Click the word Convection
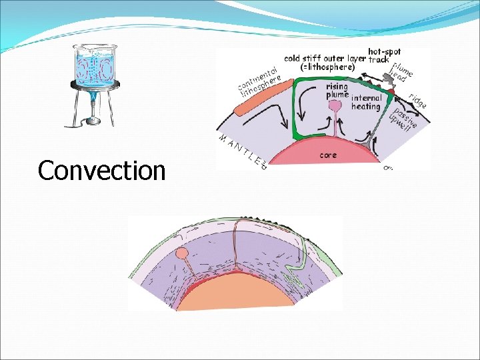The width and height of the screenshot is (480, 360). pos(101,171)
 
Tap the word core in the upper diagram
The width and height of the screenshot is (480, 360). pos(328,155)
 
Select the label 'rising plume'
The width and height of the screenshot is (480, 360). pos(337,91)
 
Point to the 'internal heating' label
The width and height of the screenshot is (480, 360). pos(365,102)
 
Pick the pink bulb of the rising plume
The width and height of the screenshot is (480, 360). pos(335,105)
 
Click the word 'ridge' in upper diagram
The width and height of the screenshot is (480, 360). pos(418,100)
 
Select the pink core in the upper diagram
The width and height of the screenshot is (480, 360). pos(313,151)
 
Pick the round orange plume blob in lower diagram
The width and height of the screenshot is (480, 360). pos(182,254)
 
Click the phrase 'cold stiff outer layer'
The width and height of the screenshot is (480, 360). pos(325,58)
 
